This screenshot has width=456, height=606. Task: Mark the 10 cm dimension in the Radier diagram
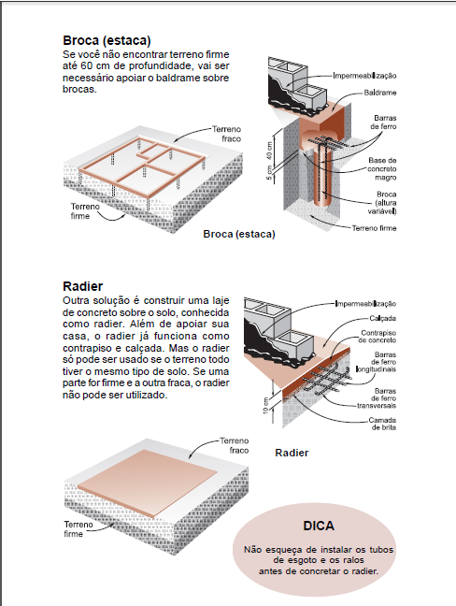[x=267, y=408]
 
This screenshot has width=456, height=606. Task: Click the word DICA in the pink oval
[x=319, y=527]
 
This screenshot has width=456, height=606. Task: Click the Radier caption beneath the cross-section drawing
[x=292, y=453]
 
